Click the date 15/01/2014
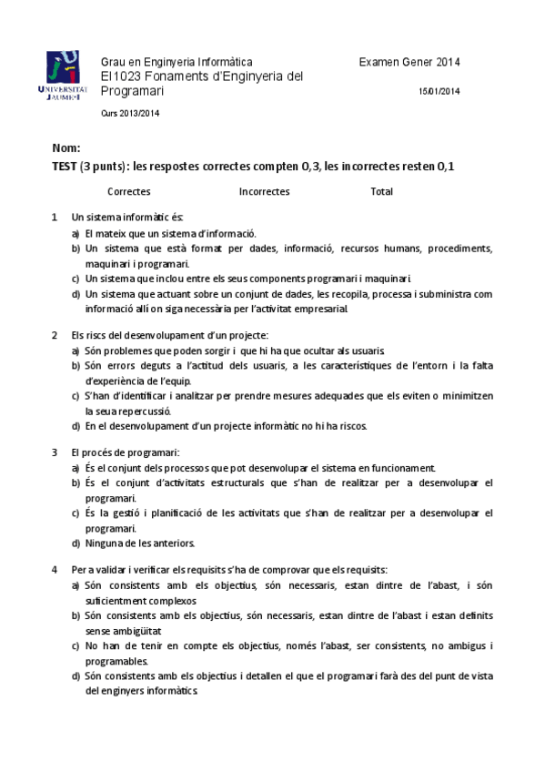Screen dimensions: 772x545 [x=439, y=92]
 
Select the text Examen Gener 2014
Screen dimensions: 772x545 [x=409, y=62]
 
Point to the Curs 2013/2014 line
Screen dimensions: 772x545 [x=129, y=113]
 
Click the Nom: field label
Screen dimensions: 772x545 [x=67, y=147]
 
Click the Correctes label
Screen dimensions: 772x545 [x=128, y=192]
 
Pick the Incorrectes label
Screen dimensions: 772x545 [x=264, y=192]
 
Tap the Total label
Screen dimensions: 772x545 [x=381, y=192]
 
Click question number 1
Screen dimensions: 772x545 [x=56, y=218]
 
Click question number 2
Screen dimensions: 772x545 [x=56, y=335]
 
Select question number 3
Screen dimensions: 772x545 [x=56, y=452]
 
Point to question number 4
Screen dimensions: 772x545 [x=56, y=570]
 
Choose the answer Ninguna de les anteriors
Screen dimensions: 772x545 [x=139, y=543]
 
